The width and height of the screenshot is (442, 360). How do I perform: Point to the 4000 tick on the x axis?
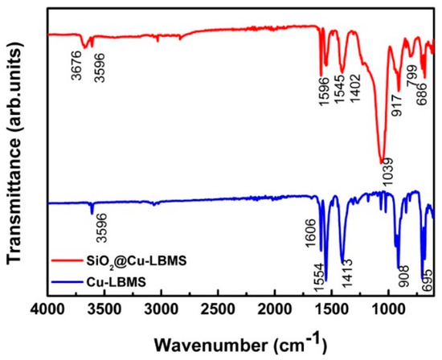[x=48, y=309]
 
